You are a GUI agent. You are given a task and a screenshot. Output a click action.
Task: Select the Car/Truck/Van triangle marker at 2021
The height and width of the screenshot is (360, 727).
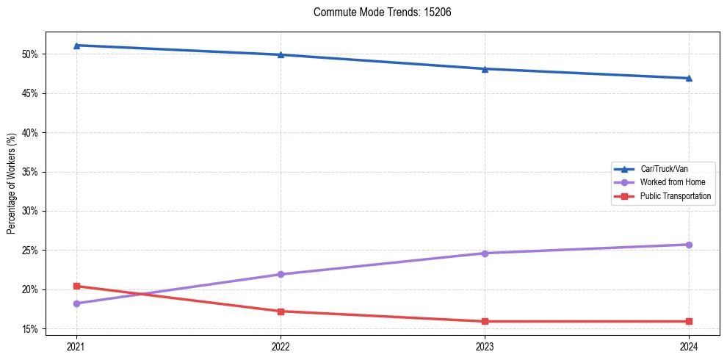76,46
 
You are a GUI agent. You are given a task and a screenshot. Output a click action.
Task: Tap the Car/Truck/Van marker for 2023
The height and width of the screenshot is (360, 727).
485,69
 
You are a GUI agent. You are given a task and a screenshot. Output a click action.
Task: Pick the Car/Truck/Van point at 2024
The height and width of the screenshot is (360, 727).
689,78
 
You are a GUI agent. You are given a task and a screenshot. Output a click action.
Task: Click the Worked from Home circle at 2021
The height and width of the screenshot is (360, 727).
76,303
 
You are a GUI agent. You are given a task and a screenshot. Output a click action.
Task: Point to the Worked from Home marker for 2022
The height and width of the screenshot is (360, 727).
281,274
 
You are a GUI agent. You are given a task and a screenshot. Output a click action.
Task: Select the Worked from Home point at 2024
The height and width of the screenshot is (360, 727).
689,245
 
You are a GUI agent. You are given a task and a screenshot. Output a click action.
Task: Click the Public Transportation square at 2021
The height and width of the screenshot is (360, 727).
76,286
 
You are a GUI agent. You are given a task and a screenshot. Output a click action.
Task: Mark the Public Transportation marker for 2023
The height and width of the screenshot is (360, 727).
485,321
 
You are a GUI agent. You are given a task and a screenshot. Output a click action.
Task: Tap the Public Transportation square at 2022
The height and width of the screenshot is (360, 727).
281,311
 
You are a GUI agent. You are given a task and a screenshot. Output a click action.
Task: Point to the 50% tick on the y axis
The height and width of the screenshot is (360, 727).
32,54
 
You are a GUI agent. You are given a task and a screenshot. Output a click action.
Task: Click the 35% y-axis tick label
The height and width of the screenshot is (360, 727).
32,172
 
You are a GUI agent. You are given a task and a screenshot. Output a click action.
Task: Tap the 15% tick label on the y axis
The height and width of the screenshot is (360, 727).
32,328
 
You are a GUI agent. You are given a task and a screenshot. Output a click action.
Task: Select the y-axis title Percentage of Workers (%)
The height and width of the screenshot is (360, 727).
12,184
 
